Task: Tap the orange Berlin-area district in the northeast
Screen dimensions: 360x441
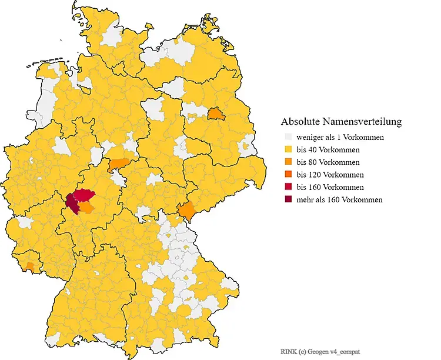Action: [216, 113]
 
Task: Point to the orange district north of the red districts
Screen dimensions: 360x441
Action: [119, 164]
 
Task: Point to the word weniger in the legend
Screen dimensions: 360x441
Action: [310, 138]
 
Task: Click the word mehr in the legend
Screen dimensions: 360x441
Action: [305, 200]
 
